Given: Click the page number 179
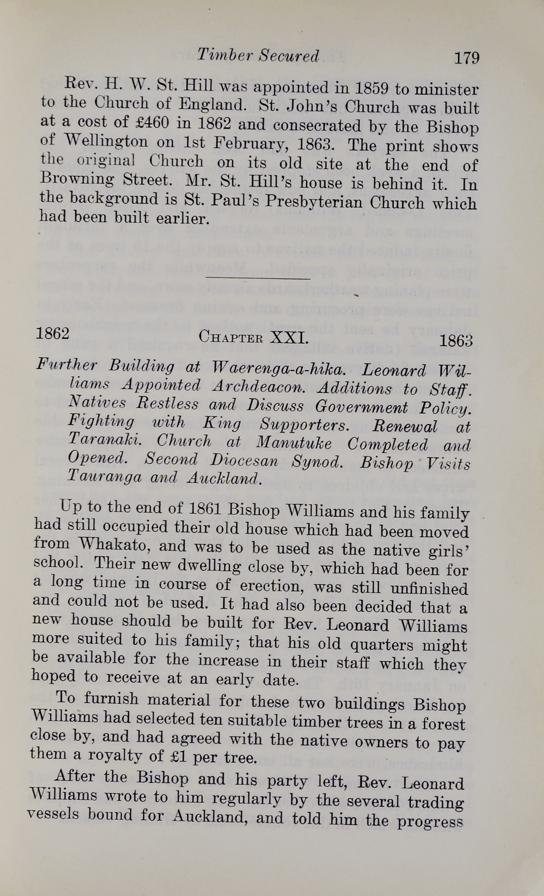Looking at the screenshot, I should point(466,58).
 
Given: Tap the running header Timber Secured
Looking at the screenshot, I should point(258,56).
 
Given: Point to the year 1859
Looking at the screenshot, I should point(371,88).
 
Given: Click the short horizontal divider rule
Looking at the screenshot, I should point(258,279).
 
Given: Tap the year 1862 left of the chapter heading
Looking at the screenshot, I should point(53,333).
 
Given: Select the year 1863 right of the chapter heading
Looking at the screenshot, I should point(455,340).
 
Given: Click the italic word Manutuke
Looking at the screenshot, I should point(294,443).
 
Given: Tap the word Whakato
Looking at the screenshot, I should point(112,544).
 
